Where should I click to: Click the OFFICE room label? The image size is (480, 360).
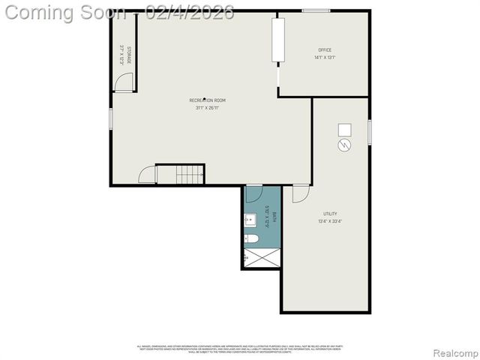[325, 50]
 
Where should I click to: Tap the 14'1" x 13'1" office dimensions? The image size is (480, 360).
[325, 58]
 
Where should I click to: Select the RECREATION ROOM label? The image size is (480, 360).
[207, 100]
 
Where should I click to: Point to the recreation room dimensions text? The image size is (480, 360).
[207, 108]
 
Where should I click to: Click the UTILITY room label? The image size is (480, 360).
[331, 214]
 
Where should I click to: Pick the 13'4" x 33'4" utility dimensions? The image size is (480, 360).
[331, 221]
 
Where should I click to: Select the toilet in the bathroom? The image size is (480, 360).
[253, 239]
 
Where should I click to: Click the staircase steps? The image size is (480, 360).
[190, 175]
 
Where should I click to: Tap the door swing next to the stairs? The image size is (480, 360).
[148, 175]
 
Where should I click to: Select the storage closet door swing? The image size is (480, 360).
[124, 82]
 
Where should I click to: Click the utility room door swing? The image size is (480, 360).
[300, 193]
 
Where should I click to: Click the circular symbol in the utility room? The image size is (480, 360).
[344, 145]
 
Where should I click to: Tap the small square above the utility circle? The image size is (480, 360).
[344, 128]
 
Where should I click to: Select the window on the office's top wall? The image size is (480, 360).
[316, 10]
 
